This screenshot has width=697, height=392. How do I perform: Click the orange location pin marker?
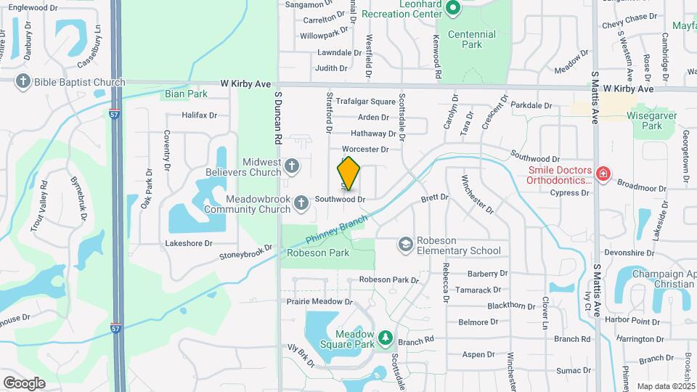pyautogui.click(x=348, y=173)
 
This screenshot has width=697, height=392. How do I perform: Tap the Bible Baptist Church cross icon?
pyautogui.click(x=23, y=82)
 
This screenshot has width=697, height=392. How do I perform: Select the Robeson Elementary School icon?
pyautogui.click(x=404, y=245)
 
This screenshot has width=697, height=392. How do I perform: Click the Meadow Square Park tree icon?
pyautogui.click(x=385, y=338)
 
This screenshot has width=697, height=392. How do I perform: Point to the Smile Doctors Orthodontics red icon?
pyautogui.click(x=602, y=174)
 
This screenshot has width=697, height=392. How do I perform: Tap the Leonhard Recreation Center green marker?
pyautogui.click(x=453, y=9)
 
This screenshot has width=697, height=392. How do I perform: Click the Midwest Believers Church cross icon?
pyautogui.click(x=291, y=166)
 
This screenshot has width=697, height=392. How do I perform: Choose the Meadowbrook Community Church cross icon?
pyautogui.click(x=301, y=204)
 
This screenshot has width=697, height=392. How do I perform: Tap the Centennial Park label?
pyautogui.click(x=471, y=39)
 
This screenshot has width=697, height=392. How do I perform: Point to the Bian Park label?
pyautogui.click(x=186, y=94)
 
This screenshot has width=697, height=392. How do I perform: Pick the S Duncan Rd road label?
pyautogui.click(x=277, y=116)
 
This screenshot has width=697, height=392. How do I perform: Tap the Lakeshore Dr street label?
pyautogui.click(x=189, y=244)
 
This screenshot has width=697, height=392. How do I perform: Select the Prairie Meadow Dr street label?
pyautogui.click(x=319, y=301)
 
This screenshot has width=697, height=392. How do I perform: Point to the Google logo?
pyautogui.click(x=24, y=383)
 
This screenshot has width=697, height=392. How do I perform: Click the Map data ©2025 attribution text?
pyautogui.click(x=665, y=386)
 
